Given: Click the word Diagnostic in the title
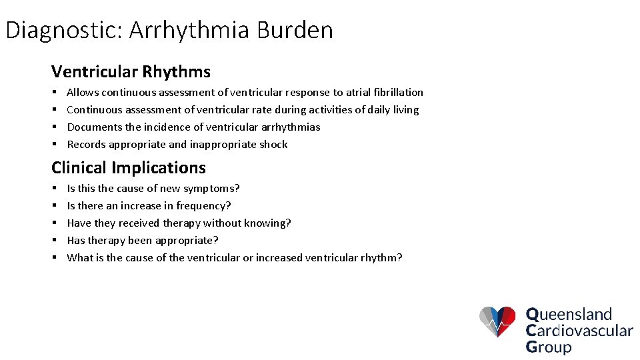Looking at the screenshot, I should point(62,31).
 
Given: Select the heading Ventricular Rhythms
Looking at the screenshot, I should point(131,72).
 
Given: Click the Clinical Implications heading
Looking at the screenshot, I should point(129,168).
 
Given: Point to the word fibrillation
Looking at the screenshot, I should point(399,93).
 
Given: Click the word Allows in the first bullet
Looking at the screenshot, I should point(83,93).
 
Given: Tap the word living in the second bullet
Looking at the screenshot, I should point(406,110).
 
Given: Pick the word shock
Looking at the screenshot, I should point(273,145).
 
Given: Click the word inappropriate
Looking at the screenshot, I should point(223,145).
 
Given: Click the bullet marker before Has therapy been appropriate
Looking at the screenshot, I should point(54,241).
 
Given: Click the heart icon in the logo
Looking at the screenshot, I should point(497,322).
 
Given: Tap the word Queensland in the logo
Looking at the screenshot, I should point(569,315).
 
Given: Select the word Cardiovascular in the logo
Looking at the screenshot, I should point(579,331).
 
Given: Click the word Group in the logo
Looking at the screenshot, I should point(549,347).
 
